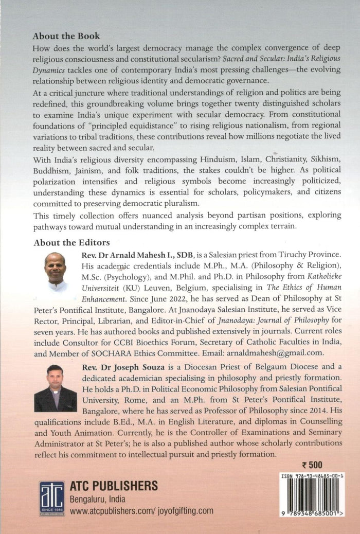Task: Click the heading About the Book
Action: pos(66,37)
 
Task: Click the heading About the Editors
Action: pos(70,241)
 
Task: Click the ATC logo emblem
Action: pos(52,499)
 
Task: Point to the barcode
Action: pos(312,498)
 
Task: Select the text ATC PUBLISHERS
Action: pos(113,486)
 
